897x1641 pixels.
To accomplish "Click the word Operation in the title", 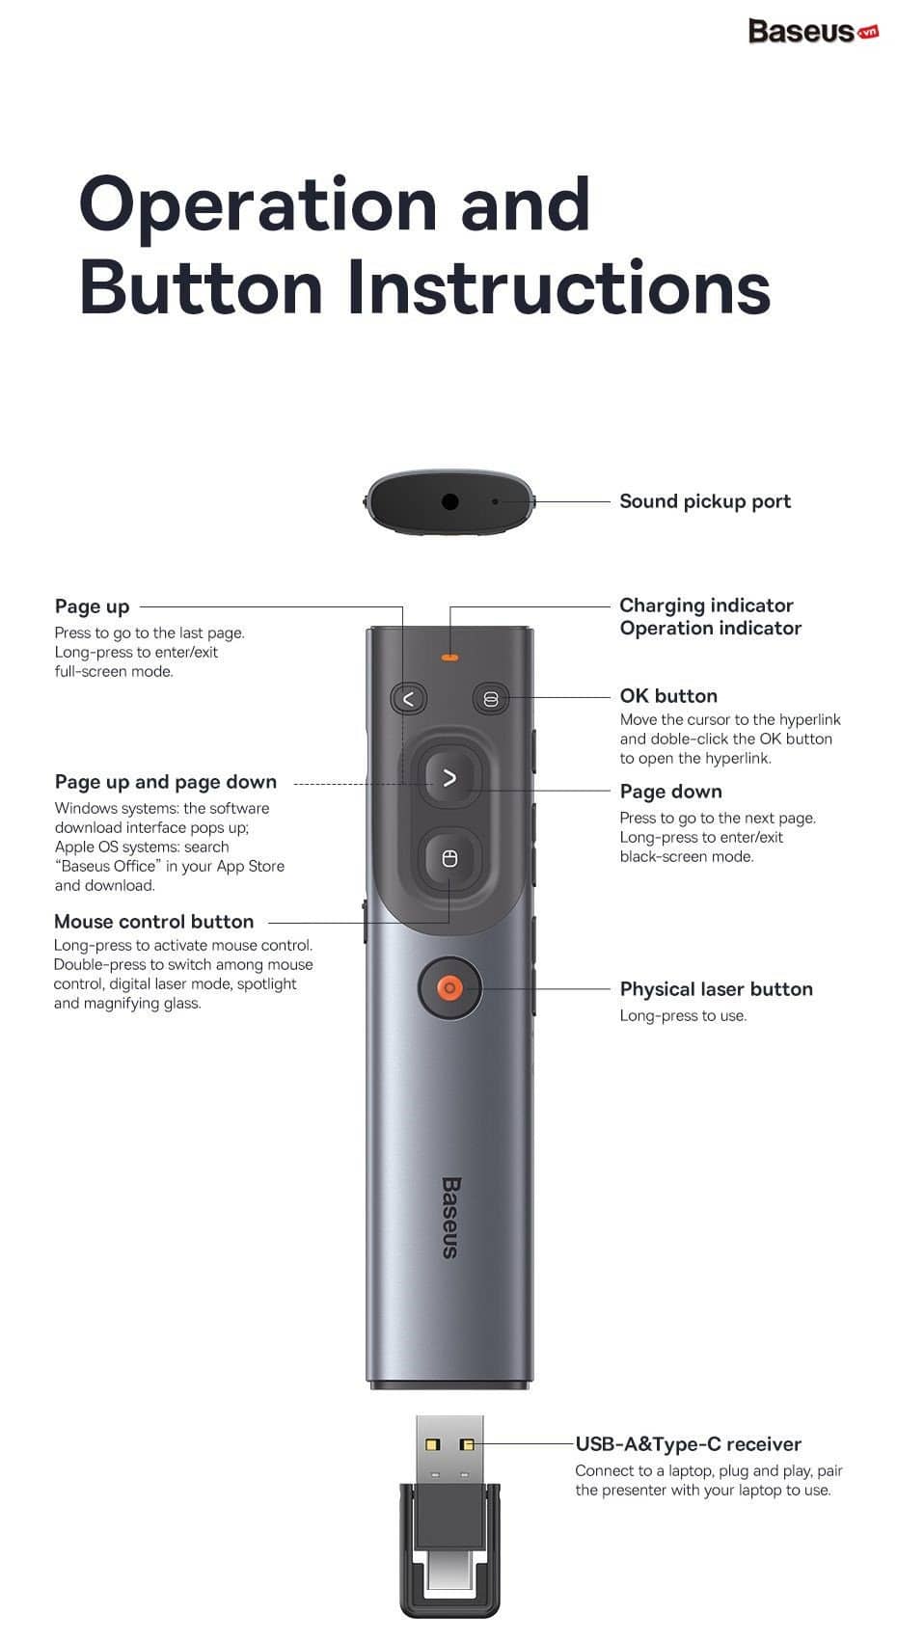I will (x=258, y=204).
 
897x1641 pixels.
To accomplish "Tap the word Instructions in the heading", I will (x=558, y=287).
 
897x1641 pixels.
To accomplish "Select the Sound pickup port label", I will (x=704, y=501).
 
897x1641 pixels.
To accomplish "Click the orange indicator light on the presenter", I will (x=448, y=659).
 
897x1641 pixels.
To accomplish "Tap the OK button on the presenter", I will (x=490, y=699).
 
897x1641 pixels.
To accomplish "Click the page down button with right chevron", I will (x=448, y=778).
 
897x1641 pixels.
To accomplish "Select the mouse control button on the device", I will (x=448, y=859).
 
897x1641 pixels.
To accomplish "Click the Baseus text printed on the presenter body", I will (x=450, y=1217).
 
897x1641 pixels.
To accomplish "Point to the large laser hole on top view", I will (x=449, y=501).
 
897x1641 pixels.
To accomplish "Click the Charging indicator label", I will (x=706, y=605).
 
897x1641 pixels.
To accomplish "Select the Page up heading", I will (x=92, y=606).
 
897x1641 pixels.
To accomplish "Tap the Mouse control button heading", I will (x=154, y=922).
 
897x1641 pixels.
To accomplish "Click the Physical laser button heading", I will (x=716, y=989).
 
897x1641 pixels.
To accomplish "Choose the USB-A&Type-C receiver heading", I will (x=688, y=1444).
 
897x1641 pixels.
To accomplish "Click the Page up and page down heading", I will (x=165, y=782).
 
